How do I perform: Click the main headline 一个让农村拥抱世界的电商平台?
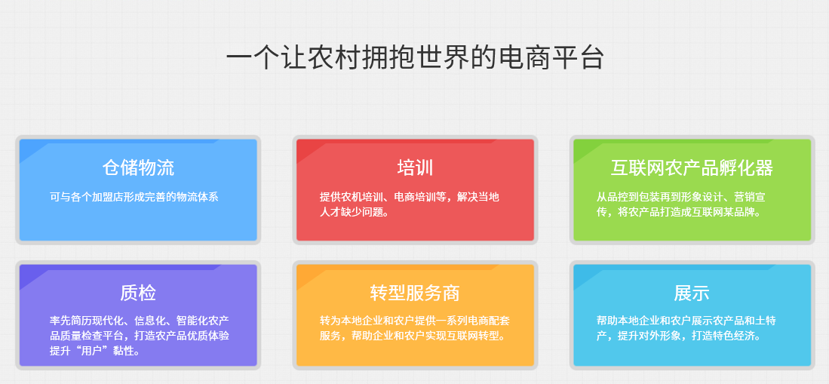[415, 58]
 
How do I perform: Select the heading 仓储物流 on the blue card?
[138, 167]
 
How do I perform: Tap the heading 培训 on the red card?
[415, 167]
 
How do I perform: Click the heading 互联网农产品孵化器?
[692, 167]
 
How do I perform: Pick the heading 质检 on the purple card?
[138, 293]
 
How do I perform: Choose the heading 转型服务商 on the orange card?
[415, 293]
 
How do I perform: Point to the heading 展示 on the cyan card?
[692, 293]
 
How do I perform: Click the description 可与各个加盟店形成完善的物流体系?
[134, 198]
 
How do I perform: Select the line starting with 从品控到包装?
[681, 198]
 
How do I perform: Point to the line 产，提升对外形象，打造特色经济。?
[679, 335]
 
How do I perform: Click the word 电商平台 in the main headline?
[550, 58]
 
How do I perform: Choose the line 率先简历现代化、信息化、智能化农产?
[140, 321]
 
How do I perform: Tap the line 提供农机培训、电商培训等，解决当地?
[409, 198]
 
